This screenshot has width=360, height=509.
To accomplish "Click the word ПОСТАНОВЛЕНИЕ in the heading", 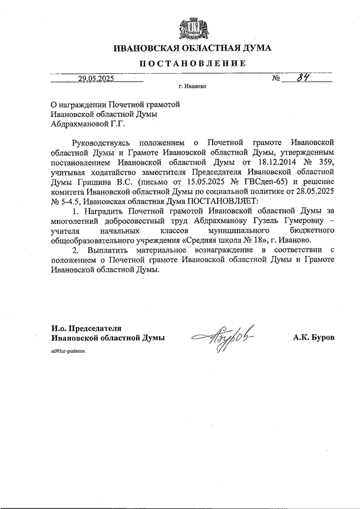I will pyautogui.click(x=193, y=64).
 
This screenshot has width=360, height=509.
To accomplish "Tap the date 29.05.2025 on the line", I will pyautogui.click(x=96, y=79).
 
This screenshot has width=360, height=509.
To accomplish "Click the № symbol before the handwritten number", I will pyautogui.click(x=276, y=79).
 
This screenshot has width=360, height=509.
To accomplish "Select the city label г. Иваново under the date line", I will pyautogui.click(x=193, y=88).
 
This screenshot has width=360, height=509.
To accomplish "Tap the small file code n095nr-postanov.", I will pyautogui.click(x=70, y=350).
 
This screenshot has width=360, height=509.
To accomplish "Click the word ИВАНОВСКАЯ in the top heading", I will pyautogui.click(x=143, y=48).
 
